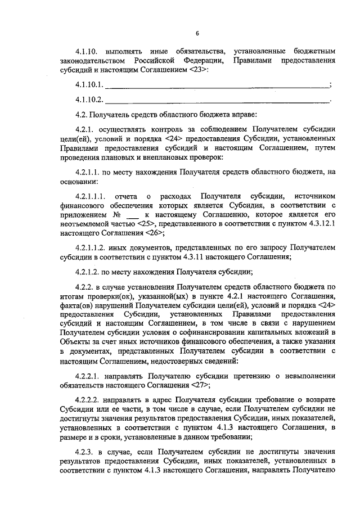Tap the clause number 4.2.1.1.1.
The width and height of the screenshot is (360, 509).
tap(91, 196)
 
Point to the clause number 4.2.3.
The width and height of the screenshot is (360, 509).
tap(84, 452)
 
